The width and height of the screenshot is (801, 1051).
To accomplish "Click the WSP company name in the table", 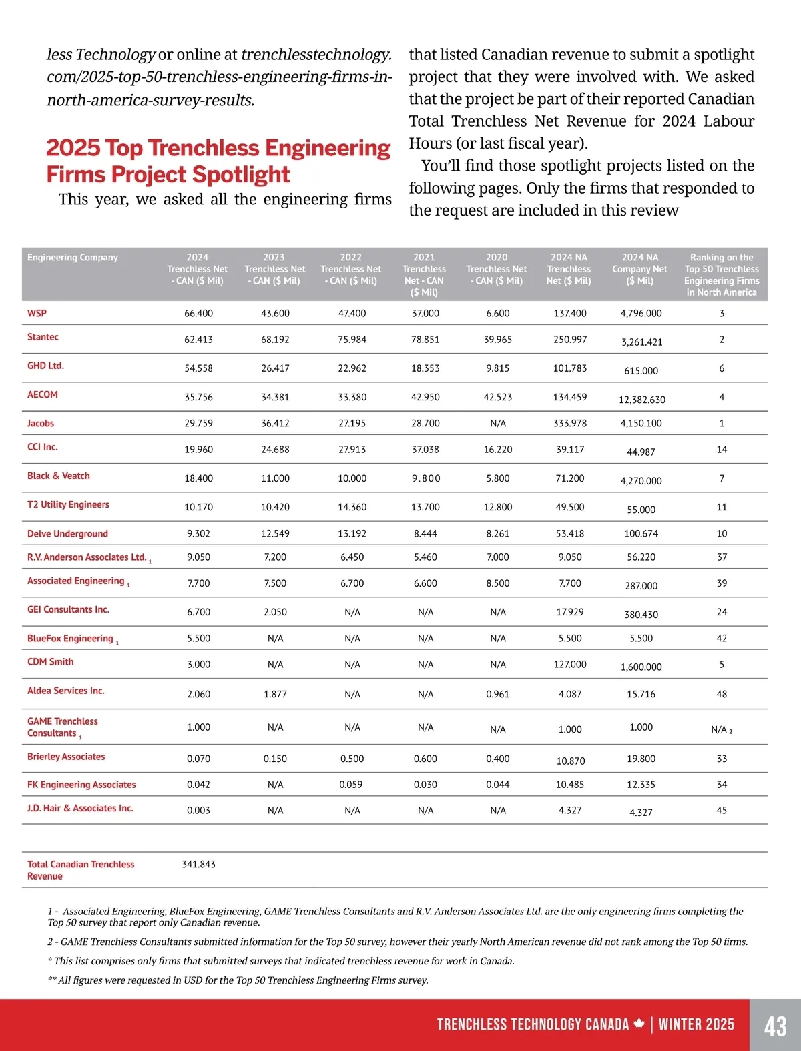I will pos(37,313).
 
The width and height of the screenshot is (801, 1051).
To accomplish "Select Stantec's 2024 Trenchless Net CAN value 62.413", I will pos(198,340).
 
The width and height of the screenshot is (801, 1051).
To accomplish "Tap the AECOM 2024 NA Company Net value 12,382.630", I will pos(641,400).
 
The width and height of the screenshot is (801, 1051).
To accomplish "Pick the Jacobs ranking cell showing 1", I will pos(722,423).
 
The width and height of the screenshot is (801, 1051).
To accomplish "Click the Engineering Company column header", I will pos(72,258).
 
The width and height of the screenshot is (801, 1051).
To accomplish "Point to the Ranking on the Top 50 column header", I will pos(722,274).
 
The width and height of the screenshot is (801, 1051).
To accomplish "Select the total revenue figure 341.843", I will pos(198,864).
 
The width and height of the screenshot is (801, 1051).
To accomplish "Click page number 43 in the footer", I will pos(775,1026).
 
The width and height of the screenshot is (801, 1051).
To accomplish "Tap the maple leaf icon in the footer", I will pos(639,1024).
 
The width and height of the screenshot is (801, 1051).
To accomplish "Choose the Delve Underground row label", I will pos(67,533).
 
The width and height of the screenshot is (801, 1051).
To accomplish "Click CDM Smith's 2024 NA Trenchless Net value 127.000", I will pos(570,665).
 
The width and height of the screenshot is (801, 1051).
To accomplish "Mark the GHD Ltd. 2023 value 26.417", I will pos(275,368).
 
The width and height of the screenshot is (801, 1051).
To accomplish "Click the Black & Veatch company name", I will pos(58,476).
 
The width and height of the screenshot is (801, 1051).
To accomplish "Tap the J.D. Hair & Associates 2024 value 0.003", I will pos(198,811).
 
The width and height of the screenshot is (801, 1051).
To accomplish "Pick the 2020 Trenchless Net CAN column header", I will pos(497,269).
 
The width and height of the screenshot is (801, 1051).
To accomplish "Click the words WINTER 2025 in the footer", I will pos(696,1025).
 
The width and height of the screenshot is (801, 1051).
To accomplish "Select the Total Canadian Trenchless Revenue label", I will pos(80,870).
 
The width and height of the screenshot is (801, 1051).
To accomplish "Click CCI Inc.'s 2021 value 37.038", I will pos(425,450).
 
